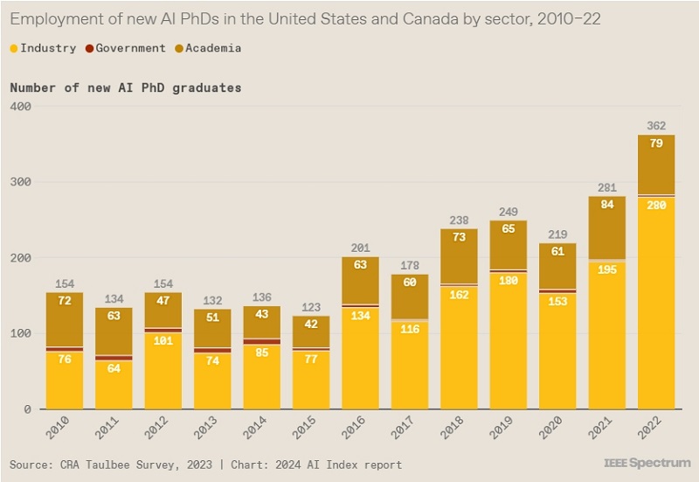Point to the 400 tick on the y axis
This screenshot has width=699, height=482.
[21, 107]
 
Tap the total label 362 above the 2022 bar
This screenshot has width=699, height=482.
[656, 125]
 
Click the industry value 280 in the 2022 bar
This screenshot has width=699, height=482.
[656, 205]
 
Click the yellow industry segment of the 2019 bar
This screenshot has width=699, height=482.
[508, 350]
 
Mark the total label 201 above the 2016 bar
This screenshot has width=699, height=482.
[360, 248]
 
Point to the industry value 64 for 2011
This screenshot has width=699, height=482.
[114, 368]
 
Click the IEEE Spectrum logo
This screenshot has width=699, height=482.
[647, 462]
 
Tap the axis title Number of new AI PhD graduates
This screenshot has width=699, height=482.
[126, 87]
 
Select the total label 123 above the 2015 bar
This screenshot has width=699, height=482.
[310, 307]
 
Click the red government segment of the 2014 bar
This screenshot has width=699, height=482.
[261, 341]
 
